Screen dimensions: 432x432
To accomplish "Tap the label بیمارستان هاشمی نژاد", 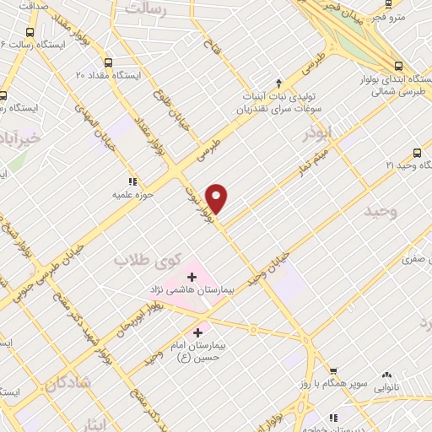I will tap(192, 289).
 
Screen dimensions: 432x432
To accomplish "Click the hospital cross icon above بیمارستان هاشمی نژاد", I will tap(192, 275).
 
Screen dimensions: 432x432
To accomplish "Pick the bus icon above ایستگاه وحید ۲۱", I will tap(418, 153).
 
